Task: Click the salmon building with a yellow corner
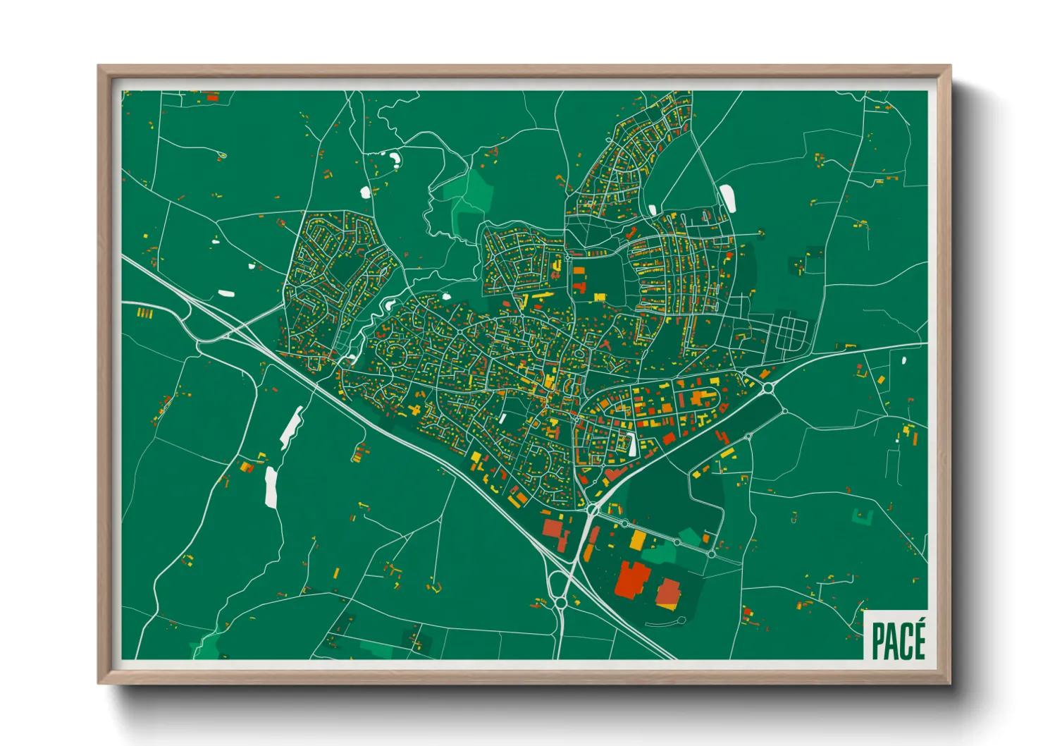[x=668, y=594]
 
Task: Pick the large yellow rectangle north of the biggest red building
[x=637, y=540]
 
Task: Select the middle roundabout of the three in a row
[x=677, y=543]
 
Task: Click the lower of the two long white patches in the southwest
[x=271, y=487]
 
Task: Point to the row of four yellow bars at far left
[x=144, y=312]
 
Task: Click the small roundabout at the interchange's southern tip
[x=560, y=603]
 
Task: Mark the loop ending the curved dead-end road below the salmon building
[x=682, y=620]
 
